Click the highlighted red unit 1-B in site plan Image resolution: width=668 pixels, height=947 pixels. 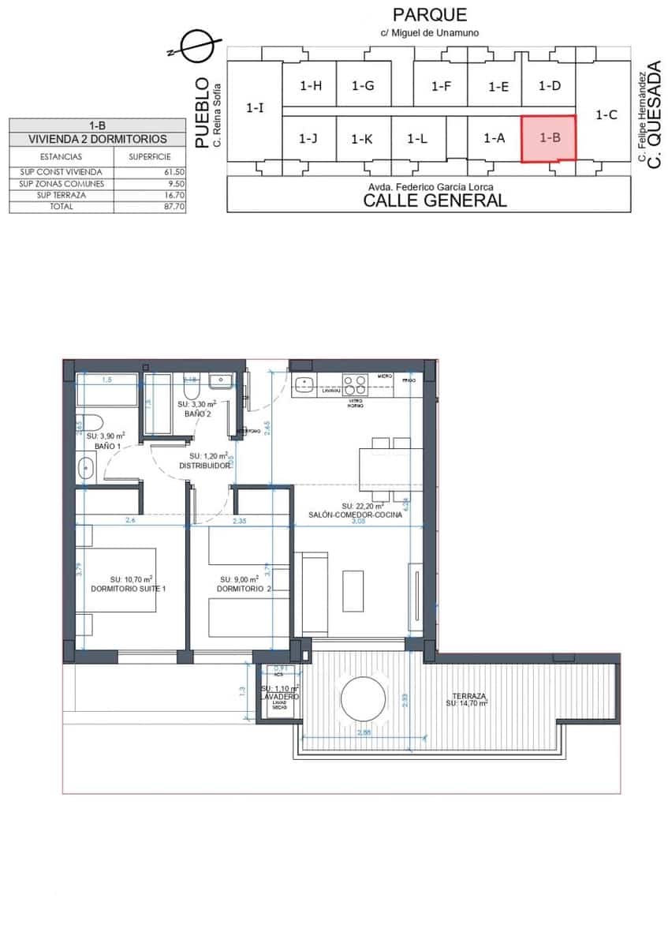549,138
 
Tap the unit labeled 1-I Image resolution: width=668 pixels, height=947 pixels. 255,107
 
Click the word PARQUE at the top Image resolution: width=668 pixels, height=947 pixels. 430,14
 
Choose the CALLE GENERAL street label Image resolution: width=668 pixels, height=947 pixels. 435,200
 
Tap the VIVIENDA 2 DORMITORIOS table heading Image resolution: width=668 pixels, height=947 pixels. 98,139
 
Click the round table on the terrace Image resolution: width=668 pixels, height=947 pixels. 363,698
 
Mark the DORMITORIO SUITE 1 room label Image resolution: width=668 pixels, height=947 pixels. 129,589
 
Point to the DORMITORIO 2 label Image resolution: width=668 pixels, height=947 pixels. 244,589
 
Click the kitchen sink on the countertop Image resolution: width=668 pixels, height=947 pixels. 304,384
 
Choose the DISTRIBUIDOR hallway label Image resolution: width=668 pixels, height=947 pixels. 204,466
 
